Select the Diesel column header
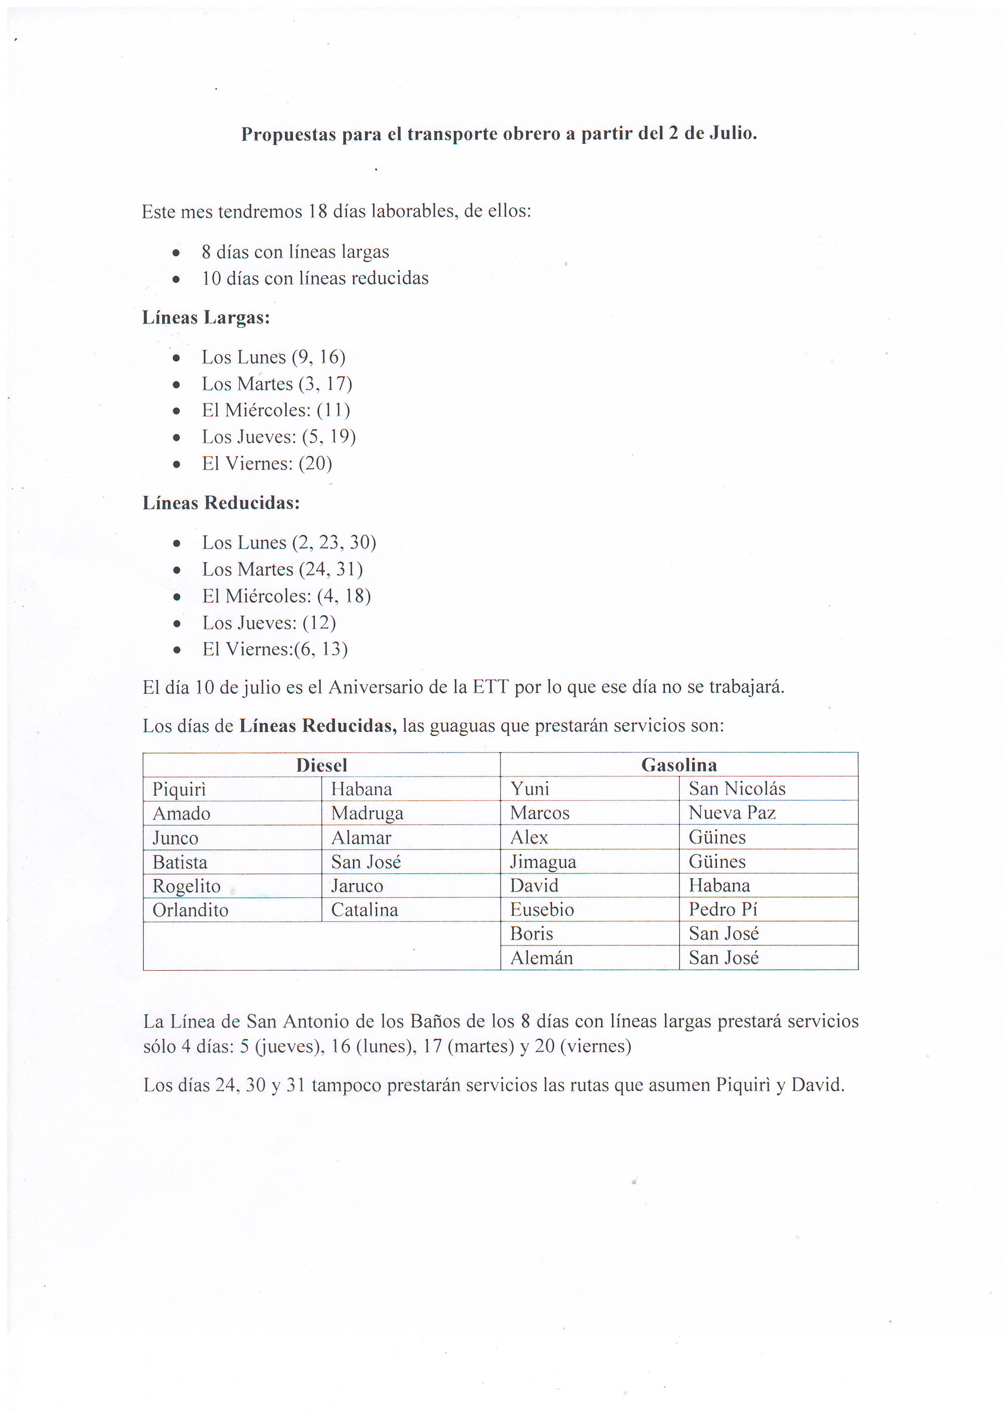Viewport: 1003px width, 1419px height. (x=322, y=765)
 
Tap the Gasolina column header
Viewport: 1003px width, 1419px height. (x=679, y=765)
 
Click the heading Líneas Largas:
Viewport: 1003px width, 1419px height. (x=206, y=318)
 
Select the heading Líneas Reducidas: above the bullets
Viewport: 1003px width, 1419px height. (x=221, y=503)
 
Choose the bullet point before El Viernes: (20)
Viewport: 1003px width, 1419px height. (x=177, y=464)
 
